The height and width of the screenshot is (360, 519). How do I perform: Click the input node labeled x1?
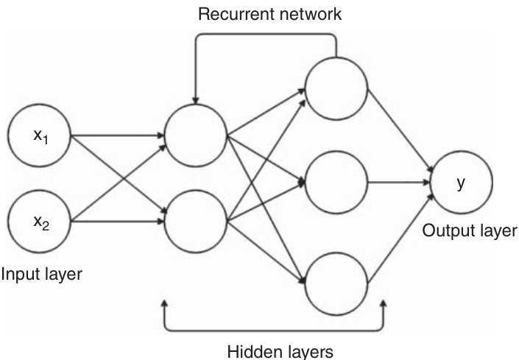coord(38,136)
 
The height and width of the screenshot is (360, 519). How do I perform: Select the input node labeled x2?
coord(38,219)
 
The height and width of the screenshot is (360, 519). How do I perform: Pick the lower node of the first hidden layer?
coord(197,220)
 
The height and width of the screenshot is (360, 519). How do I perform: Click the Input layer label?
coord(41,275)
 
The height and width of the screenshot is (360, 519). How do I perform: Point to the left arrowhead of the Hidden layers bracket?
coord(164,303)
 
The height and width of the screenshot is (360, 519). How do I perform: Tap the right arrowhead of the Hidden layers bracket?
coord(384,303)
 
